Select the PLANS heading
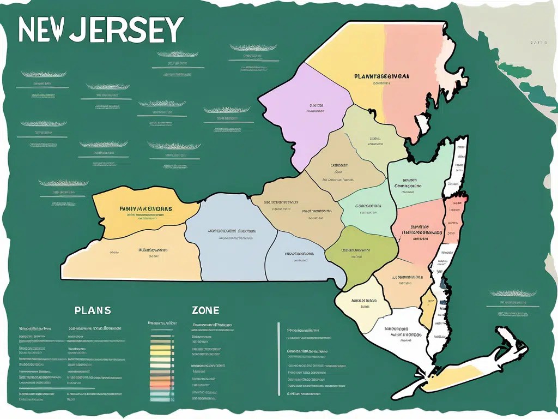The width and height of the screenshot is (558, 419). (x=93, y=310)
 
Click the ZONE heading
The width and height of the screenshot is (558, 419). (x=205, y=310)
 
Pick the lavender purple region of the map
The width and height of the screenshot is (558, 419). (x=305, y=125)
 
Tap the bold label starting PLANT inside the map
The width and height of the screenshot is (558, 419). (x=381, y=77)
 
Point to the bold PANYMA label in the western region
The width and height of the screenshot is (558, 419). (x=145, y=208)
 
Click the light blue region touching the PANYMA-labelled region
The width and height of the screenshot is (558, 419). (x=229, y=240)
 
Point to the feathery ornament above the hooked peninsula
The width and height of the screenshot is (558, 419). (x=513, y=293)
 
